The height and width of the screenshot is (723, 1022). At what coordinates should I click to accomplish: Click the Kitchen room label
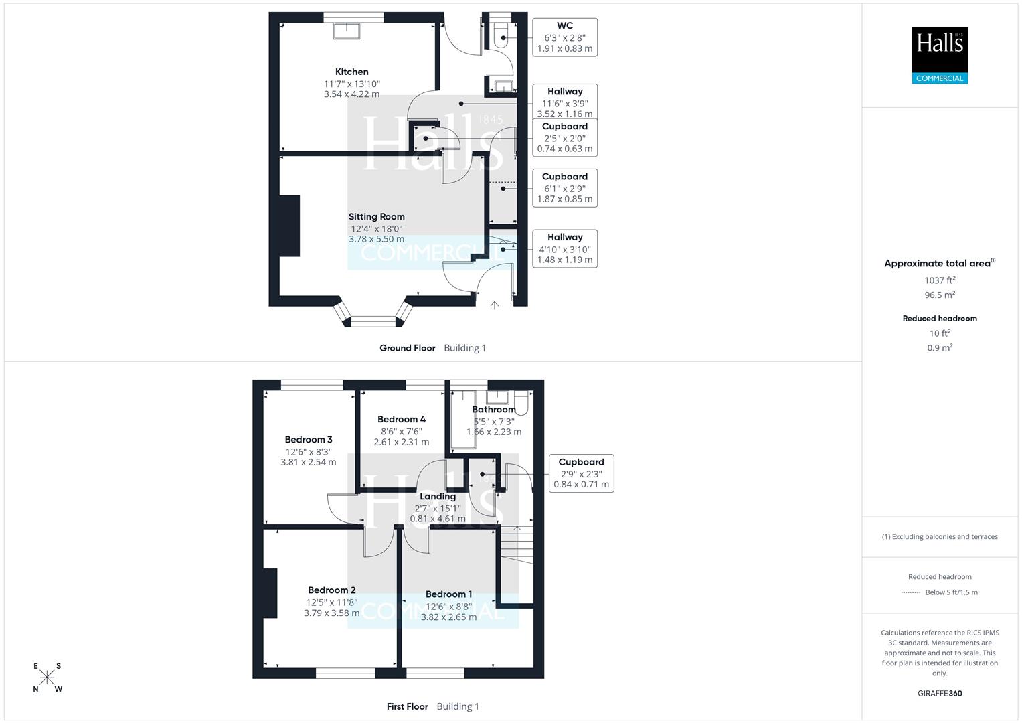[351, 72]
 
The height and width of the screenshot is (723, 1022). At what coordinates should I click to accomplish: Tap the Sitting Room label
[376, 217]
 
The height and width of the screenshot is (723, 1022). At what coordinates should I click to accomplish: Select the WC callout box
[565, 37]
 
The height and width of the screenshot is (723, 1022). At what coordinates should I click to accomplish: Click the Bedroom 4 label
[402, 420]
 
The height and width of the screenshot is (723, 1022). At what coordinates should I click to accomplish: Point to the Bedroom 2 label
[332, 590]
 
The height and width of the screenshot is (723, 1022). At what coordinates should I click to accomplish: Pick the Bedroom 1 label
[448, 594]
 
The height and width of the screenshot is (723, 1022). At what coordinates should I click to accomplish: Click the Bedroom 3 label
[309, 440]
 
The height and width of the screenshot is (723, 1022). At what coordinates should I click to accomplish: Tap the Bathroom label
[494, 410]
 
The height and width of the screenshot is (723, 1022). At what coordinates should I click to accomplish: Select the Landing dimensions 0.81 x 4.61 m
[438, 519]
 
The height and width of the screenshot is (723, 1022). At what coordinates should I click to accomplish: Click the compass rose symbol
[47, 677]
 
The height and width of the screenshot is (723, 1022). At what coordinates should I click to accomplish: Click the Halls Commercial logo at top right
[940, 55]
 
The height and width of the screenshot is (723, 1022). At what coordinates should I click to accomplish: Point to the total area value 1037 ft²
[940, 280]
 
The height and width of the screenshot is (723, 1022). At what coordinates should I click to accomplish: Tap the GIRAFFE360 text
[940, 693]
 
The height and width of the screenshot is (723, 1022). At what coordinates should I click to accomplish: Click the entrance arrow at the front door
[495, 305]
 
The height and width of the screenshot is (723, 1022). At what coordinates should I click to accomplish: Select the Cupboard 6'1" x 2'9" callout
[565, 187]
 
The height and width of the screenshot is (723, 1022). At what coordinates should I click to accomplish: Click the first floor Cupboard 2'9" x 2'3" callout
[581, 473]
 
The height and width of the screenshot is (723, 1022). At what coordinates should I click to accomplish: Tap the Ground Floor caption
[407, 348]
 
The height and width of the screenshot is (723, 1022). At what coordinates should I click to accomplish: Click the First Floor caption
[407, 706]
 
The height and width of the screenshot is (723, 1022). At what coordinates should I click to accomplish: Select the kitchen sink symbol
[347, 31]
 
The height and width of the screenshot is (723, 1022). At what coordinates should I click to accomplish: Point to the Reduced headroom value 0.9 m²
[940, 348]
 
